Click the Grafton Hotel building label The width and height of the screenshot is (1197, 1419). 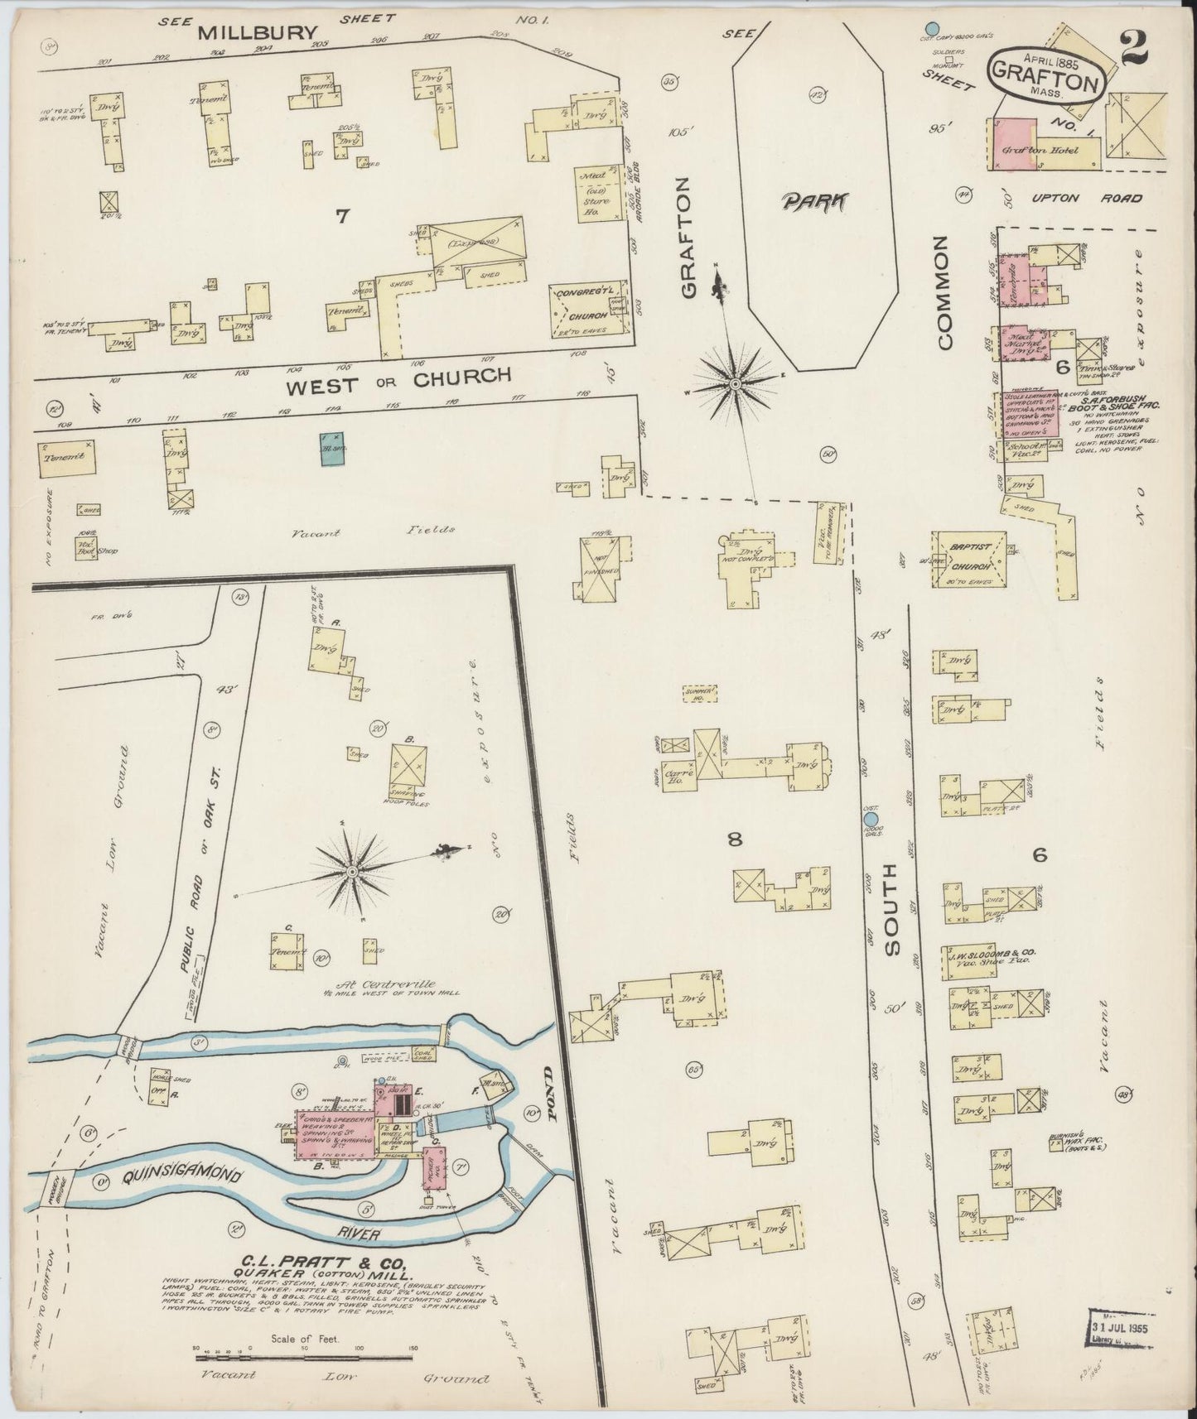click(x=1031, y=152)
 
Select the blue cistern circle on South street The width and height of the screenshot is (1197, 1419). click(x=870, y=819)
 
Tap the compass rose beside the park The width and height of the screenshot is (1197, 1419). click(x=734, y=383)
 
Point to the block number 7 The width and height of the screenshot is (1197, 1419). click(x=342, y=217)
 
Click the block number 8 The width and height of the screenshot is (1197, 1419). click(x=734, y=840)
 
